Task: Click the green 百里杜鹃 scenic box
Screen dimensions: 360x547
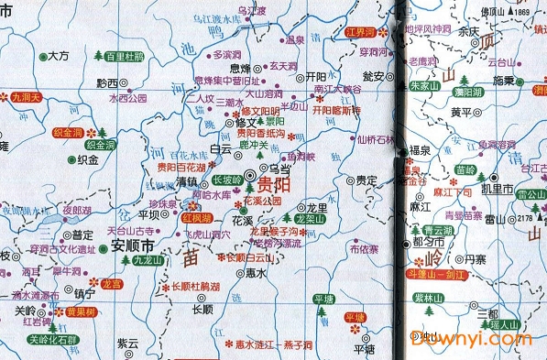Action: (x=126, y=56)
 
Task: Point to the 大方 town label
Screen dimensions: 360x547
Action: (x=58, y=56)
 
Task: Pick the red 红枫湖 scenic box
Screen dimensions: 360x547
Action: (x=197, y=219)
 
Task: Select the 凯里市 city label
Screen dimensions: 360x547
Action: (x=496, y=190)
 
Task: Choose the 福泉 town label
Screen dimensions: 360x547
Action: (x=419, y=148)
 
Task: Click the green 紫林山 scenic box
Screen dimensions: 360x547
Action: (x=428, y=299)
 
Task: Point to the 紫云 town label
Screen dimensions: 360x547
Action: (x=127, y=343)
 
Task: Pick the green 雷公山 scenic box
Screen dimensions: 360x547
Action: (x=529, y=195)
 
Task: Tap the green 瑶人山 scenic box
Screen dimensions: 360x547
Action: (x=503, y=324)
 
